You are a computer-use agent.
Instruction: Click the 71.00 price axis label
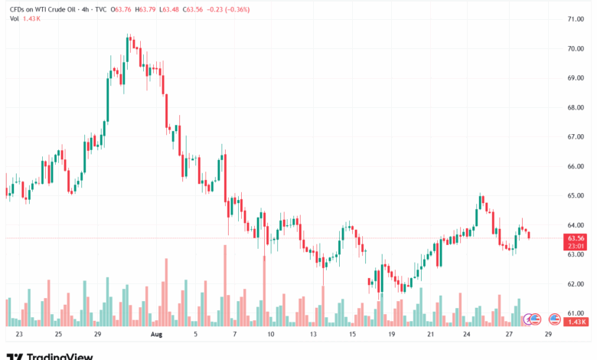click(576, 18)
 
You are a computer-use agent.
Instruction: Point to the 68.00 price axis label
click(576, 107)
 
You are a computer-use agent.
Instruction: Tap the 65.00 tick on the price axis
click(576, 195)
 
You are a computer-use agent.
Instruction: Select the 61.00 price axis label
click(576, 313)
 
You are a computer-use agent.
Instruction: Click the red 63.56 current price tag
click(576, 238)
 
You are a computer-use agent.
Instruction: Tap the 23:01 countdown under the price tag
click(576, 247)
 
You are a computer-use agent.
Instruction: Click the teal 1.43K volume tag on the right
click(576, 323)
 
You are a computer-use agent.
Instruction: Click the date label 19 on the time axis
click(391, 335)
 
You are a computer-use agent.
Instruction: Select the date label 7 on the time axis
click(234, 335)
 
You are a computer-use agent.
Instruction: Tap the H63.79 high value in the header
click(144, 10)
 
